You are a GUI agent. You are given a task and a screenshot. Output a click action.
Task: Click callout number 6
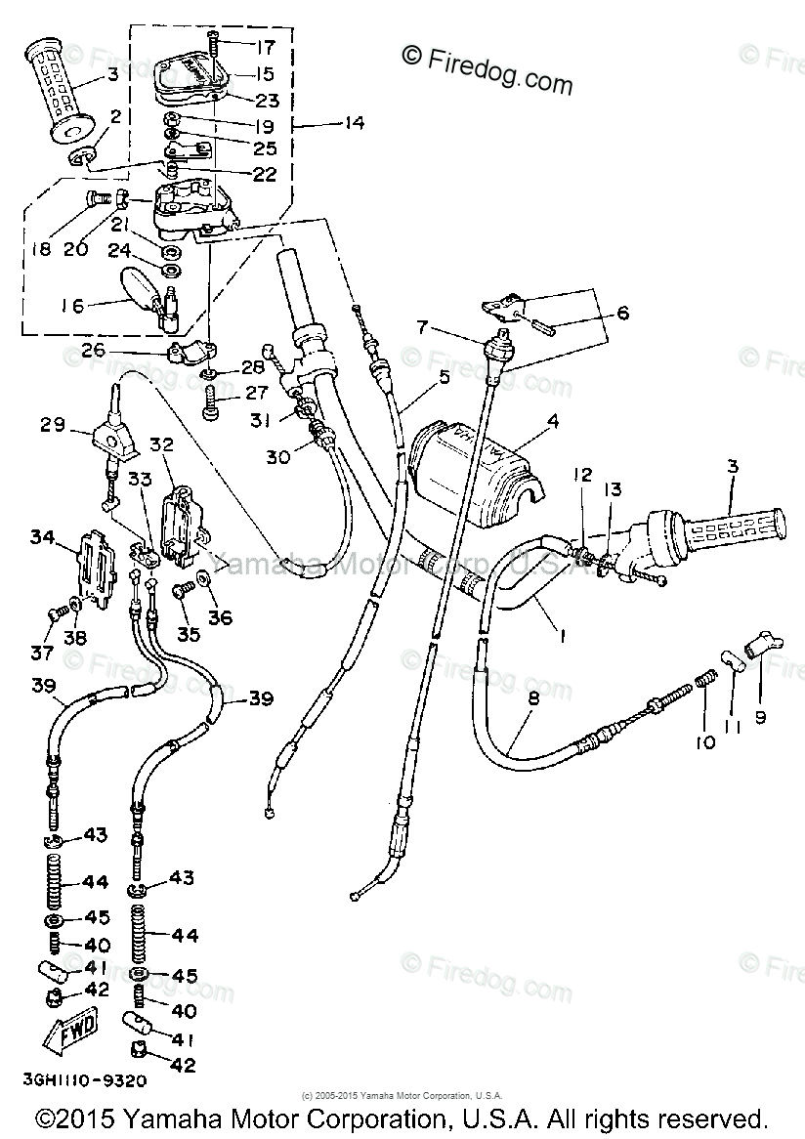click(622, 314)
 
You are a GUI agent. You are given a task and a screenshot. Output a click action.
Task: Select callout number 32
click(160, 444)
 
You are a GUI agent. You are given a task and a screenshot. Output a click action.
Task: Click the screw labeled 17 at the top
click(213, 44)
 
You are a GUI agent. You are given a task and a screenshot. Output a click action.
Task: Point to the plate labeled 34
click(97, 571)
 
